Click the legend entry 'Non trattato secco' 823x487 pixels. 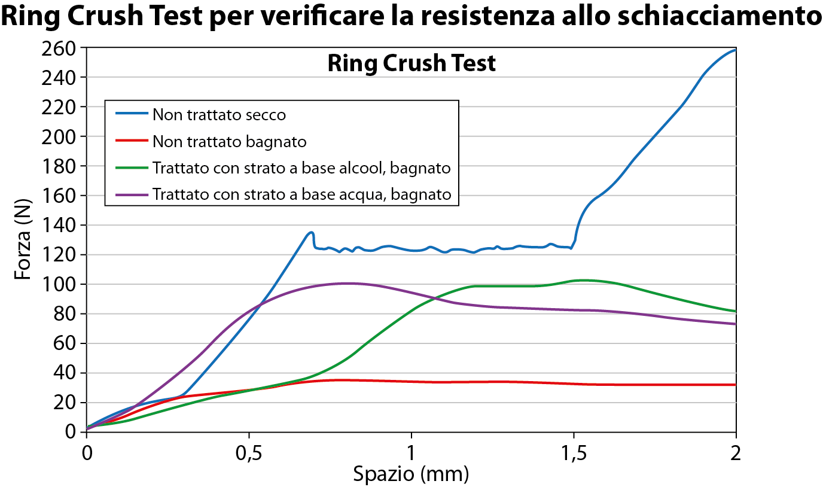coord(219,114)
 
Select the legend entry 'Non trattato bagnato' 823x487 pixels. coord(229,142)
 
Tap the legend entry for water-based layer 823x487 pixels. coord(301,195)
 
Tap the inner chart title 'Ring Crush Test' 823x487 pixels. coord(411,63)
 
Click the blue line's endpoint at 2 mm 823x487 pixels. coord(735,50)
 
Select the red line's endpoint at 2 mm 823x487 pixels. coord(735,385)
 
